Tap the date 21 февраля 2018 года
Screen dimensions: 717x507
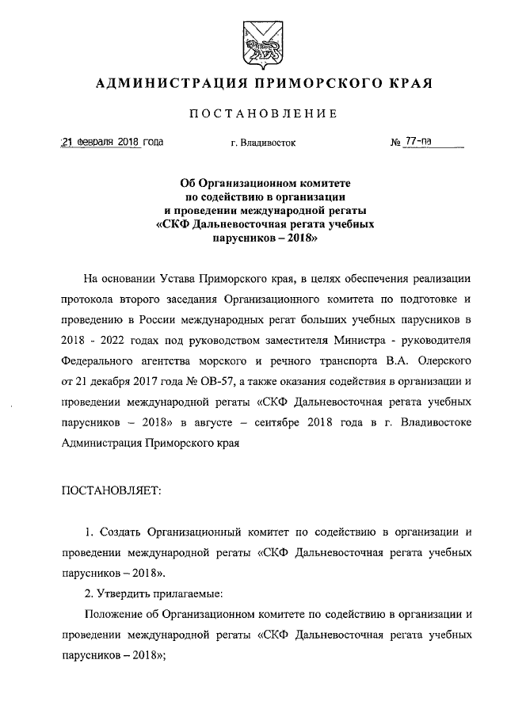pyautogui.click(x=112, y=143)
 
